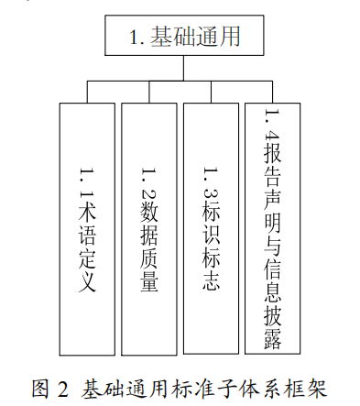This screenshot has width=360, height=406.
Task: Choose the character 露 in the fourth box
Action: (273, 341)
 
